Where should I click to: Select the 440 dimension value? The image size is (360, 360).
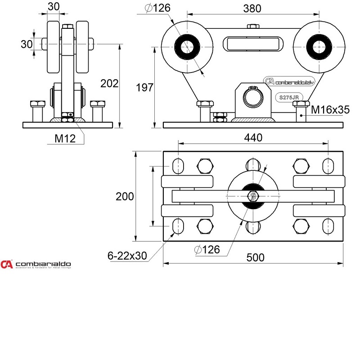click(253, 138)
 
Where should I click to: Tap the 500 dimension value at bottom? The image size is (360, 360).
click(256, 257)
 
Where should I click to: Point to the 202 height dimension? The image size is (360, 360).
click(109, 83)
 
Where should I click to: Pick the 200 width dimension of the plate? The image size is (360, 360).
click(125, 196)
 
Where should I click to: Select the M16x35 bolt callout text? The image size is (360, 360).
click(330, 109)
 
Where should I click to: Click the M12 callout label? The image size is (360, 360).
click(65, 138)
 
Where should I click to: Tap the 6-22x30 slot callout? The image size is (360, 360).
click(127, 255)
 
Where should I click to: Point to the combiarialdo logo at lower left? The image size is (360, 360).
click(36, 264)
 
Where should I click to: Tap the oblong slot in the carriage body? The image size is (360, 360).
click(254, 45)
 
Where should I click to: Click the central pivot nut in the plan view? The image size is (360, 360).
click(253, 196)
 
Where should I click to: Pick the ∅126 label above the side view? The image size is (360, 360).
click(157, 8)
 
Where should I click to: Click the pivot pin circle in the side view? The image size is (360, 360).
click(253, 97)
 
